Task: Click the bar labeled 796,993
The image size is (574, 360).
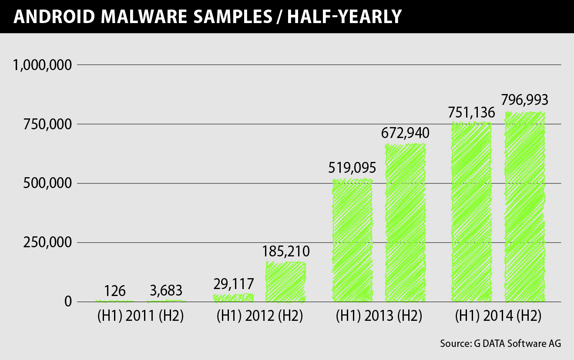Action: [x=524, y=207]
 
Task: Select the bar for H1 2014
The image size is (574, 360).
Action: [x=471, y=212]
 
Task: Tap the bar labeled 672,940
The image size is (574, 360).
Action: [x=405, y=222]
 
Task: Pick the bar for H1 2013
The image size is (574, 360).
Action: [x=352, y=240]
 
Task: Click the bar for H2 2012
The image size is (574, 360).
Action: [x=285, y=282]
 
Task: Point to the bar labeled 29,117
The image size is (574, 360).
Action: [x=233, y=298]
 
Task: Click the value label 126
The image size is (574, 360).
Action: [x=115, y=290]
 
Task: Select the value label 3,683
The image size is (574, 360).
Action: [x=166, y=290]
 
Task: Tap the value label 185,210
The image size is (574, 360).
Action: [x=285, y=251]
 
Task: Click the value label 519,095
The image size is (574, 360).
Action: [x=352, y=168]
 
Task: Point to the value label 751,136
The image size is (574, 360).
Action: [x=471, y=113]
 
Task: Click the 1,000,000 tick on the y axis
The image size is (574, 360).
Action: [x=42, y=65]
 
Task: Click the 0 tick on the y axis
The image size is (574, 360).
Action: [x=68, y=301]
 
